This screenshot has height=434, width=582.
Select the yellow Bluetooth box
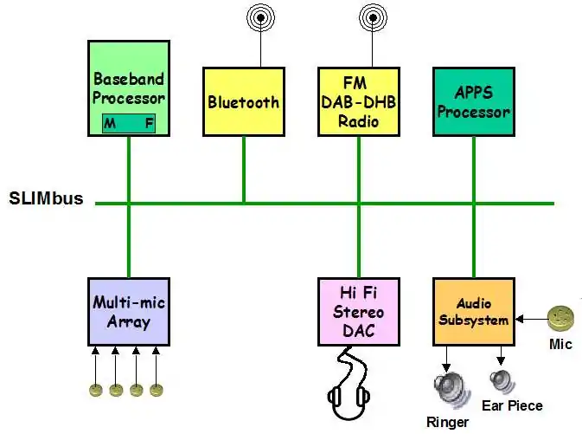pos(243,101)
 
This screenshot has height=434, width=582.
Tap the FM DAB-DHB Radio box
pos(358,101)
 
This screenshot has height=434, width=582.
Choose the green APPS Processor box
pos(473,101)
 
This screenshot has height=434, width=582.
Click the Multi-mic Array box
pos(128,312)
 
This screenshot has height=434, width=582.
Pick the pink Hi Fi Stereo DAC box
pos(358,312)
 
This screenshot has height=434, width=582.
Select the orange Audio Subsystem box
pos(473,312)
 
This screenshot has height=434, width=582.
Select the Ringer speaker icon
pos(448,385)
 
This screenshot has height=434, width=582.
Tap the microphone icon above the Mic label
pos(563,317)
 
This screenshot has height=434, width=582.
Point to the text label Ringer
pos(447,423)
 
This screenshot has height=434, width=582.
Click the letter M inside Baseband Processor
pos(110,123)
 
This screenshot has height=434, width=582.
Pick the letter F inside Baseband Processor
pos(149,123)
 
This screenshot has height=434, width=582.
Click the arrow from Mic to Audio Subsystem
pos(531,318)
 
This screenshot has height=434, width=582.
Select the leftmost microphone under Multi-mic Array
pos(96,390)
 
